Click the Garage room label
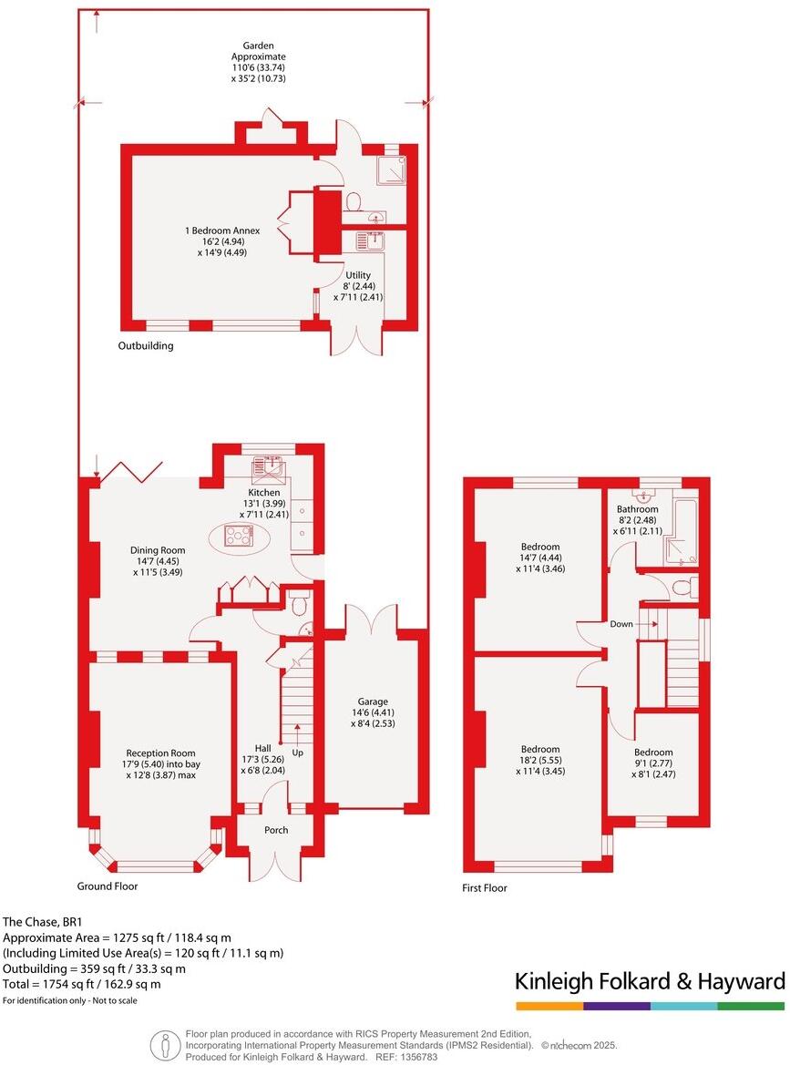[x=374, y=701]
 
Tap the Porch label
[x=276, y=830]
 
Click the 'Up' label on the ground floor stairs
[x=297, y=753]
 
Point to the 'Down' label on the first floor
[x=621, y=624]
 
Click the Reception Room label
[x=162, y=753]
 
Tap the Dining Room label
[x=159, y=550]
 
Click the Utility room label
[x=357, y=274]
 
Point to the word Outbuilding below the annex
[x=145, y=346]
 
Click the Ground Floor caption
[x=108, y=886]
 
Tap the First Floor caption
[x=485, y=888]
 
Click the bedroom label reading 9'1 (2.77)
[x=654, y=763]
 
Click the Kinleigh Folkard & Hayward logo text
[x=649, y=981]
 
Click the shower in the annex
[x=391, y=169]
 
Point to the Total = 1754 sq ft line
[x=81, y=984]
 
